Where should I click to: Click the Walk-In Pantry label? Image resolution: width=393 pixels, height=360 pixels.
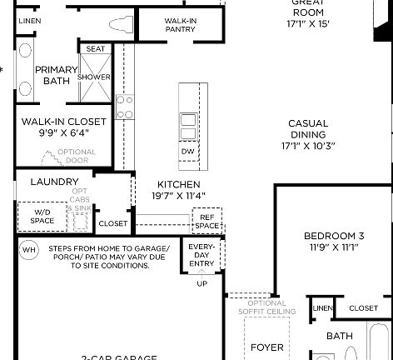pyautogui.click(x=179, y=24)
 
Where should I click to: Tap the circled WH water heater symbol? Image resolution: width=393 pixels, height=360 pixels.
pyautogui.click(x=28, y=249)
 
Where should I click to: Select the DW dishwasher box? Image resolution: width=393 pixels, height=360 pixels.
pyautogui.click(x=187, y=152)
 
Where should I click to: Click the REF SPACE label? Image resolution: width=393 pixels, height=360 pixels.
pyautogui.click(x=206, y=222)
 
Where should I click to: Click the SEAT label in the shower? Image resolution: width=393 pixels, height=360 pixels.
pyautogui.click(x=96, y=49)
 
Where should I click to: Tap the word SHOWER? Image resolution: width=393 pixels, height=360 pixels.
pyautogui.click(x=94, y=77)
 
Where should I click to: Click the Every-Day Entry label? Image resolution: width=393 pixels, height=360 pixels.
pyautogui.click(x=201, y=256)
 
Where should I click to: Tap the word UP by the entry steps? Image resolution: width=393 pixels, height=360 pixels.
pyautogui.click(x=201, y=283)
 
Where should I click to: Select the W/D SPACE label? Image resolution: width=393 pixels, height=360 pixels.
pyautogui.click(x=42, y=217)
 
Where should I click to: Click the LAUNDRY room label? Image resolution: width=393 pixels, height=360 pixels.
pyautogui.click(x=54, y=182)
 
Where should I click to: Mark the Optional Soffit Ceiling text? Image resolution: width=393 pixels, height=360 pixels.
pyautogui.click(x=266, y=307)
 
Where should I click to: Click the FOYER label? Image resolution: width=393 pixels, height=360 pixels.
pyautogui.click(x=266, y=347)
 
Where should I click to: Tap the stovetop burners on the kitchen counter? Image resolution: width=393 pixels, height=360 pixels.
pyautogui.click(x=124, y=107)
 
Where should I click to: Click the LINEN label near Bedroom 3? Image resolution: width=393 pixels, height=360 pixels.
pyautogui.click(x=321, y=308)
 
